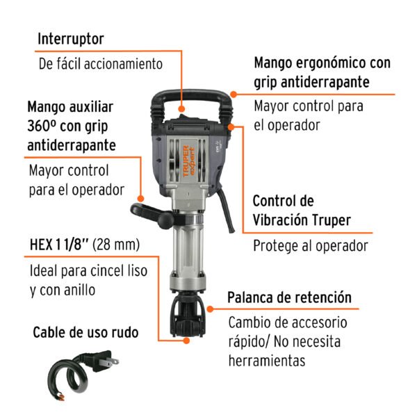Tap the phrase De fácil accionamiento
100,63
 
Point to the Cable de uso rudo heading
85,332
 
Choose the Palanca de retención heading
289,298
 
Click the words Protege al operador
310,245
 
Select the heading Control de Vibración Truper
301,211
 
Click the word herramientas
267,361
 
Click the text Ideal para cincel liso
88,271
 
